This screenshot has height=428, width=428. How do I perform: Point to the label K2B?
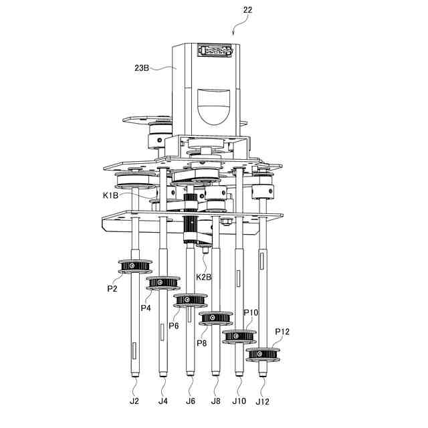click(204, 277)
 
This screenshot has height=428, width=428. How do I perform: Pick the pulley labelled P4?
click(163, 284)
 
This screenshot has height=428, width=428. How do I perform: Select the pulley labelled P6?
click(189, 300)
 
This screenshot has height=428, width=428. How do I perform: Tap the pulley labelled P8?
click(215, 318)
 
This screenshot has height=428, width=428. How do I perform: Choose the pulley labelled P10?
click(239, 336)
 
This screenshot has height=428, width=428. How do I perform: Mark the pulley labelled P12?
click(264, 353)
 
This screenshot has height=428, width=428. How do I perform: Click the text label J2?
click(134, 401)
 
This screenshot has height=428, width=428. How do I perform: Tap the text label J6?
click(191, 401)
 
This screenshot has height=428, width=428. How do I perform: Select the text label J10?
click(239, 401)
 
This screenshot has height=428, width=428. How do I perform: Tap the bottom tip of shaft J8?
click(215, 376)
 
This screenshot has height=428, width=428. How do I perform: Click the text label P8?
click(201, 343)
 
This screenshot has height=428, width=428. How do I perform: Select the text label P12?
click(282, 332)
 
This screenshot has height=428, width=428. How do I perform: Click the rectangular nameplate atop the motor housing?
click(215, 51)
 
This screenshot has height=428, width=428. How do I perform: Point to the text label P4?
click(145, 308)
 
